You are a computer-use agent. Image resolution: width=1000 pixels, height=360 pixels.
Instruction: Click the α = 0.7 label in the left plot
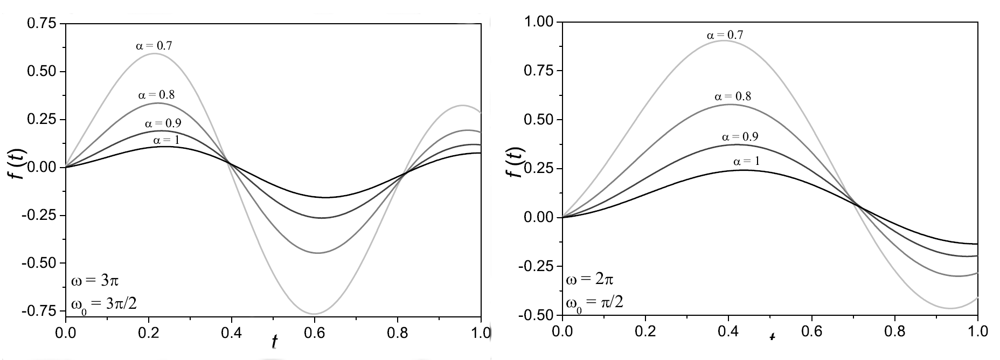[x=154, y=46]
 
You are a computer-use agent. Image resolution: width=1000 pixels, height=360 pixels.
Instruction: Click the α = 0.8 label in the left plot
[x=156, y=95]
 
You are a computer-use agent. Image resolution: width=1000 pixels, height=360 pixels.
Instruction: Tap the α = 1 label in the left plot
[x=166, y=141]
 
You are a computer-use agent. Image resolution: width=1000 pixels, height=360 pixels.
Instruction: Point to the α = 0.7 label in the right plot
[x=725, y=35]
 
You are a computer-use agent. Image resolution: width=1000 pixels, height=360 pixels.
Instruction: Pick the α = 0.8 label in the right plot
[x=733, y=97]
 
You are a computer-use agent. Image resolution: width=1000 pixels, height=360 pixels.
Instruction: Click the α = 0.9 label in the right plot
[x=740, y=137]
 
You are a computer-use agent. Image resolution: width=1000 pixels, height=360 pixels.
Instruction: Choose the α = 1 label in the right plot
[x=747, y=161]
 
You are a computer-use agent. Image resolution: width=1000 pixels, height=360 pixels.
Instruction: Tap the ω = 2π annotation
[x=589, y=279]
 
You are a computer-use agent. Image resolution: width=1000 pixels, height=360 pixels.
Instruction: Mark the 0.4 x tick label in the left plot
[x=232, y=331]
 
